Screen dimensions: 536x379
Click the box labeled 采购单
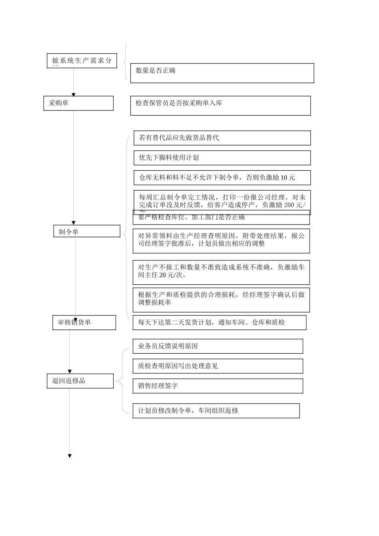coord(78,103)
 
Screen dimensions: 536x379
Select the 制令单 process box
coord(87,231)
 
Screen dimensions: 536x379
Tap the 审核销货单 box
coord(84,322)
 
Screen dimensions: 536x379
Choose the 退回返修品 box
coord(80,381)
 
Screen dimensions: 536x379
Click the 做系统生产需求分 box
coord(82,61)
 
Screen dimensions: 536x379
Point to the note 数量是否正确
coord(222,73)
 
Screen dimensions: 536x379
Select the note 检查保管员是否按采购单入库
coord(220,106)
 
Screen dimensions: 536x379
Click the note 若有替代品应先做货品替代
coord(222,138)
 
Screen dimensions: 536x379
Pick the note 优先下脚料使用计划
coord(222,158)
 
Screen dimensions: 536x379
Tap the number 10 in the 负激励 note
coord(284,178)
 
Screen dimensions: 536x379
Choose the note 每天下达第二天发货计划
coord(219,323)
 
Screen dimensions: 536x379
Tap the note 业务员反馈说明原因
coord(217,346)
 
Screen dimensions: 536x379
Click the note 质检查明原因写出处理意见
coord(217,366)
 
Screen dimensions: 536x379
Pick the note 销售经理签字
coord(217,386)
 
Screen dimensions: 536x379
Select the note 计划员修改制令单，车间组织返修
coord(216,411)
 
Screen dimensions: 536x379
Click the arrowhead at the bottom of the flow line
coord(70,456)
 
